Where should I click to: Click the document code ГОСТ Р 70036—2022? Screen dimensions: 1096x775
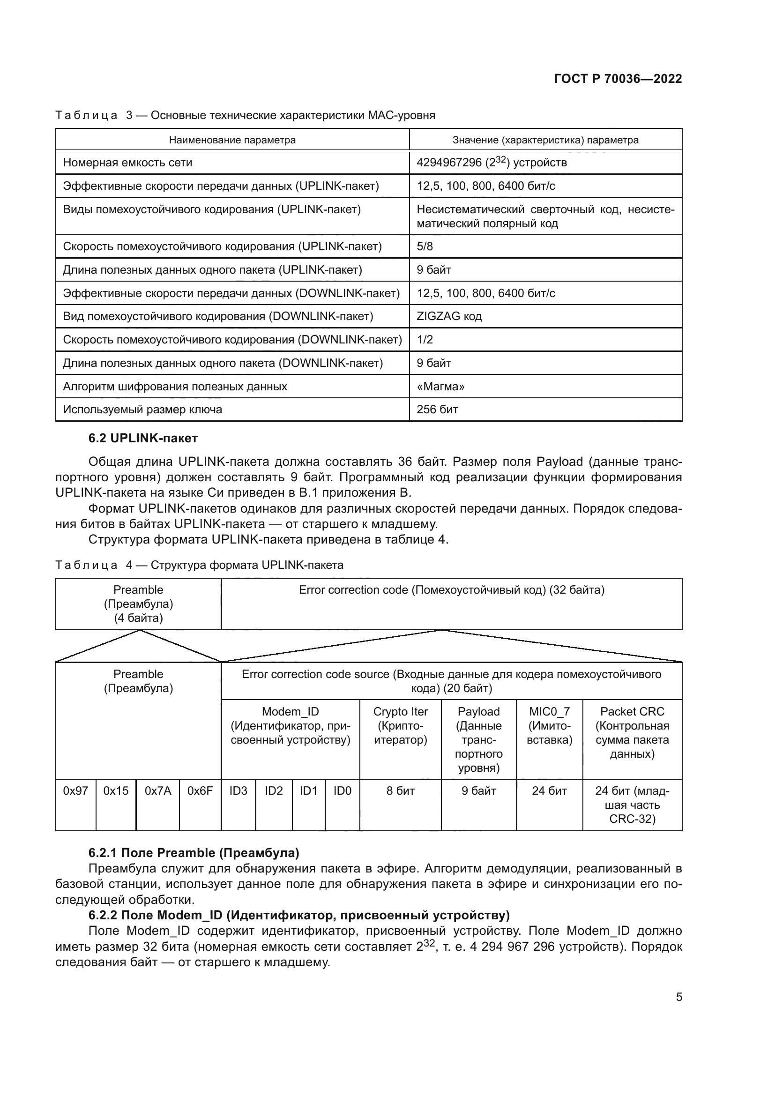pos(618,79)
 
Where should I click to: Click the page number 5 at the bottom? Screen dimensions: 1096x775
pos(678,997)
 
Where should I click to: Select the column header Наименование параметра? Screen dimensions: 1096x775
pos(232,140)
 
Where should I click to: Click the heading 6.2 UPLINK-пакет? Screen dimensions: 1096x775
pos(143,438)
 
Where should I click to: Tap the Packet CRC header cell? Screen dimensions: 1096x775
pos(632,732)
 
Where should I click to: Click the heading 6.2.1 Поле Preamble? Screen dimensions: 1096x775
pos(193,852)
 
